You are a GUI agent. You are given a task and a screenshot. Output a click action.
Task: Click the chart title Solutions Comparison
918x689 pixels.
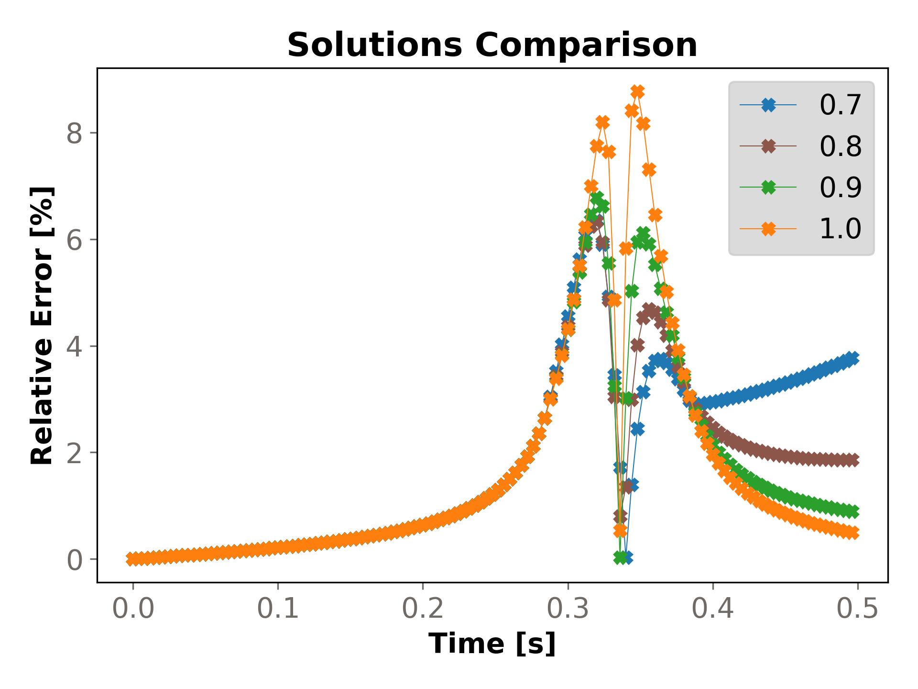coord(492,45)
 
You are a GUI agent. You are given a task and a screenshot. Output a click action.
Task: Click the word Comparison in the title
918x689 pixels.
coord(586,45)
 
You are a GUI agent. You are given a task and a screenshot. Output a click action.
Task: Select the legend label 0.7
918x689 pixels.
coord(840,105)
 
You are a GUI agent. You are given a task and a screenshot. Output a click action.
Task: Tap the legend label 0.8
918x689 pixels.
coord(840,146)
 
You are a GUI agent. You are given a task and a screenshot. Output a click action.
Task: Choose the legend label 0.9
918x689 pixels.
coord(840,187)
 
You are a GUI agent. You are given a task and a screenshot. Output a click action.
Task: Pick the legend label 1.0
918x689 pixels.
coord(840,228)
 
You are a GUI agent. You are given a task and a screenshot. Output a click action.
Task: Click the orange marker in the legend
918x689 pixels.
coord(768,229)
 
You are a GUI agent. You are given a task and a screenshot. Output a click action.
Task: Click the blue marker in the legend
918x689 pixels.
coord(768,105)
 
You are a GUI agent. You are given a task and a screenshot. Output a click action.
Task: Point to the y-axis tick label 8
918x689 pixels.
coord(75,133)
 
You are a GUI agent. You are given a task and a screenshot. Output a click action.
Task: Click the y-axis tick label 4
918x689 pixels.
coord(75,346)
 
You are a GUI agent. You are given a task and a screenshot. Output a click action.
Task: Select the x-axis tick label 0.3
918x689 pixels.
coord(568,609)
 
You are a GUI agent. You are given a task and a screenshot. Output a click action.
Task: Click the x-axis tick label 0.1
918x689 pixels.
coord(278,609)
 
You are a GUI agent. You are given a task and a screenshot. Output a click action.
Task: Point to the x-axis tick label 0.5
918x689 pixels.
coord(858,609)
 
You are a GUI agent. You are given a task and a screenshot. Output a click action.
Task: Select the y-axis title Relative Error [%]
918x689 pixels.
coord(42,325)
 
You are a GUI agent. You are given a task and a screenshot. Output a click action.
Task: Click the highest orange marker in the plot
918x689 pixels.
coord(637,91)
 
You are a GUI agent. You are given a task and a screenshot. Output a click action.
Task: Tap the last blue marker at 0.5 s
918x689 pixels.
coord(852,357)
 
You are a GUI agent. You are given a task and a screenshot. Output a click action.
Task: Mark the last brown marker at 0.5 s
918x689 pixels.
coord(852,460)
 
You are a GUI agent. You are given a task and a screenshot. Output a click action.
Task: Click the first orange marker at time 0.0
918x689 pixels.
coord(133,558)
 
